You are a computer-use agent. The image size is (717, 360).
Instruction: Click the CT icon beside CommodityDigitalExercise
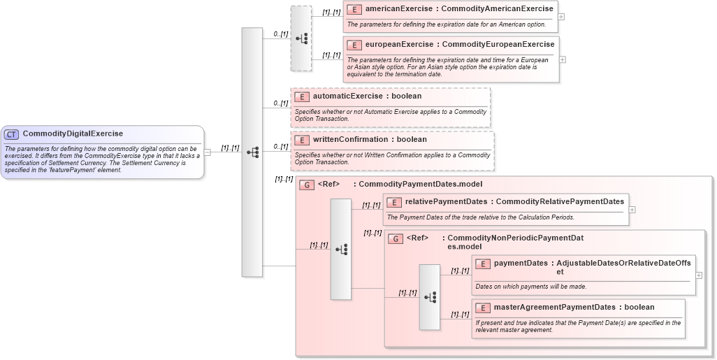click(12, 134)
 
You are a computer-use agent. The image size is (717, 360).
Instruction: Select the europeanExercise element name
click(398, 45)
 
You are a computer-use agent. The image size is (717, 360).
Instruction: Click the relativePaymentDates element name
click(446, 202)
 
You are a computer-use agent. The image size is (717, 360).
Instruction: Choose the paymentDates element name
click(521, 264)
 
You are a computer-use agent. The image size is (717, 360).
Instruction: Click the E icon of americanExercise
click(354, 10)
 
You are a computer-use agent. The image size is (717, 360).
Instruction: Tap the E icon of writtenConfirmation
click(302, 141)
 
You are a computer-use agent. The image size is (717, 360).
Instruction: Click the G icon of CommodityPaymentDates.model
click(306, 185)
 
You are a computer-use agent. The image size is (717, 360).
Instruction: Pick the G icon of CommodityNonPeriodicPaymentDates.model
click(396, 238)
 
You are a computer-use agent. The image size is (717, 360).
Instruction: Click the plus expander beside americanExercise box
click(562, 16)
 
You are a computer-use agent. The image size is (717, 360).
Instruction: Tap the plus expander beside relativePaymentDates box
click(632, 209)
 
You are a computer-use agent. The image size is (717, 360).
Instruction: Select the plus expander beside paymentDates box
click(699, 275)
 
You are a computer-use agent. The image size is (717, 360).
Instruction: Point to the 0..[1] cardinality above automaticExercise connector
click(280, 103)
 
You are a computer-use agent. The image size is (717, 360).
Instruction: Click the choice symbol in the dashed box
click(301, 38)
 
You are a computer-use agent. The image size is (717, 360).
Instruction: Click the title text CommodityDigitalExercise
click(73, 134)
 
